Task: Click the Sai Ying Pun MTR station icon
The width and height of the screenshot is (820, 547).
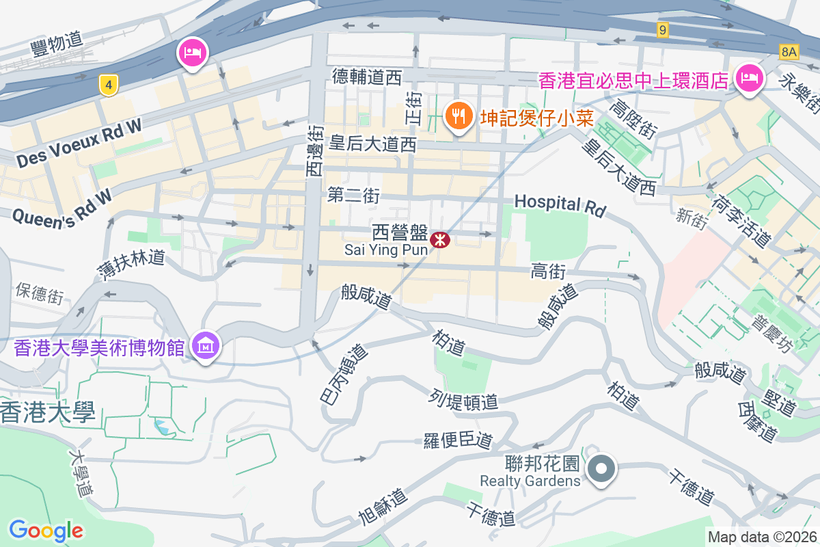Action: pos(439,239)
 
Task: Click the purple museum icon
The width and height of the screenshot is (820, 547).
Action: pos(205,346)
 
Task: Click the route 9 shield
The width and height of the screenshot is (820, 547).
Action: pos(662,29)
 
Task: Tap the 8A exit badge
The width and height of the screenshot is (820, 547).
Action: pos(789,51)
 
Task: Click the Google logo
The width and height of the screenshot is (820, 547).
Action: pos(46,530)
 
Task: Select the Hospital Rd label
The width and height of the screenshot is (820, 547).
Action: pos(560,204)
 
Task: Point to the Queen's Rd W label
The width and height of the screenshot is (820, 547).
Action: pos(62,205)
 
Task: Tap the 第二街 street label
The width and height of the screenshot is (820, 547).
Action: pos(353,195)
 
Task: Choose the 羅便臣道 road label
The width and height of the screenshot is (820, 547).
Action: pos(458,441)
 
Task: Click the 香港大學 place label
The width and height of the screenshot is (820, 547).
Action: pos(47,412)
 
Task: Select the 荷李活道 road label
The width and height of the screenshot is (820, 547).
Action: pos(741,221)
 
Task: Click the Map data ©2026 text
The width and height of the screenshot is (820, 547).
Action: pos(762,537)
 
